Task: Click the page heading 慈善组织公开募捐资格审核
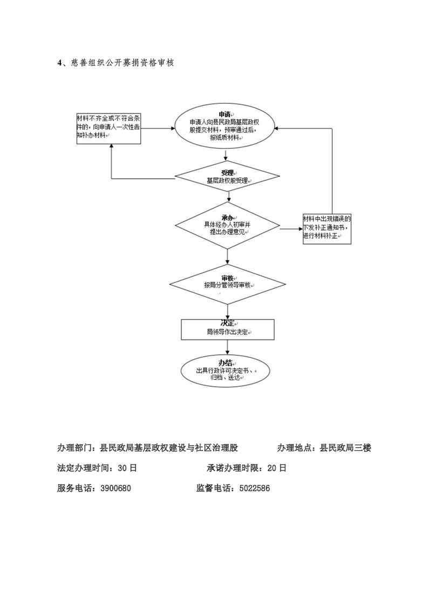pyautogui.click(x=123, y=63)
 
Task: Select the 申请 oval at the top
pyautogui.click(x=225, y=127)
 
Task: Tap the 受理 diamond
pyautogui.click(x=227, y=177)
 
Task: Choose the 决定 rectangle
pyautogui.click(x=228, y=329)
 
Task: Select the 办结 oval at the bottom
pyautogui.click(x=225, y=371)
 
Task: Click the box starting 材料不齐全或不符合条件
pyautogui.click(x=108, y=129)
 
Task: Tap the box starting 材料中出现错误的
pyautogui.click(x=327, y=229)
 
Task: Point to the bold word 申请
pyautogui.click(x=225, y=115)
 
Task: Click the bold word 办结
pyautogui.click(x=225, y=363)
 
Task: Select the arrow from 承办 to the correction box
pyautogui.click(x=291, y=229)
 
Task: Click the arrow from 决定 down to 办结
pyautogui.click(x=228, y=347)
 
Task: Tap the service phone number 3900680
pyautogui.click(x=116, y=488)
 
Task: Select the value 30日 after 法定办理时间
pyautogui.click(x=127, y=468)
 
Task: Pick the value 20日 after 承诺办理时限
pyautogui.click(x=277, y=468)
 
